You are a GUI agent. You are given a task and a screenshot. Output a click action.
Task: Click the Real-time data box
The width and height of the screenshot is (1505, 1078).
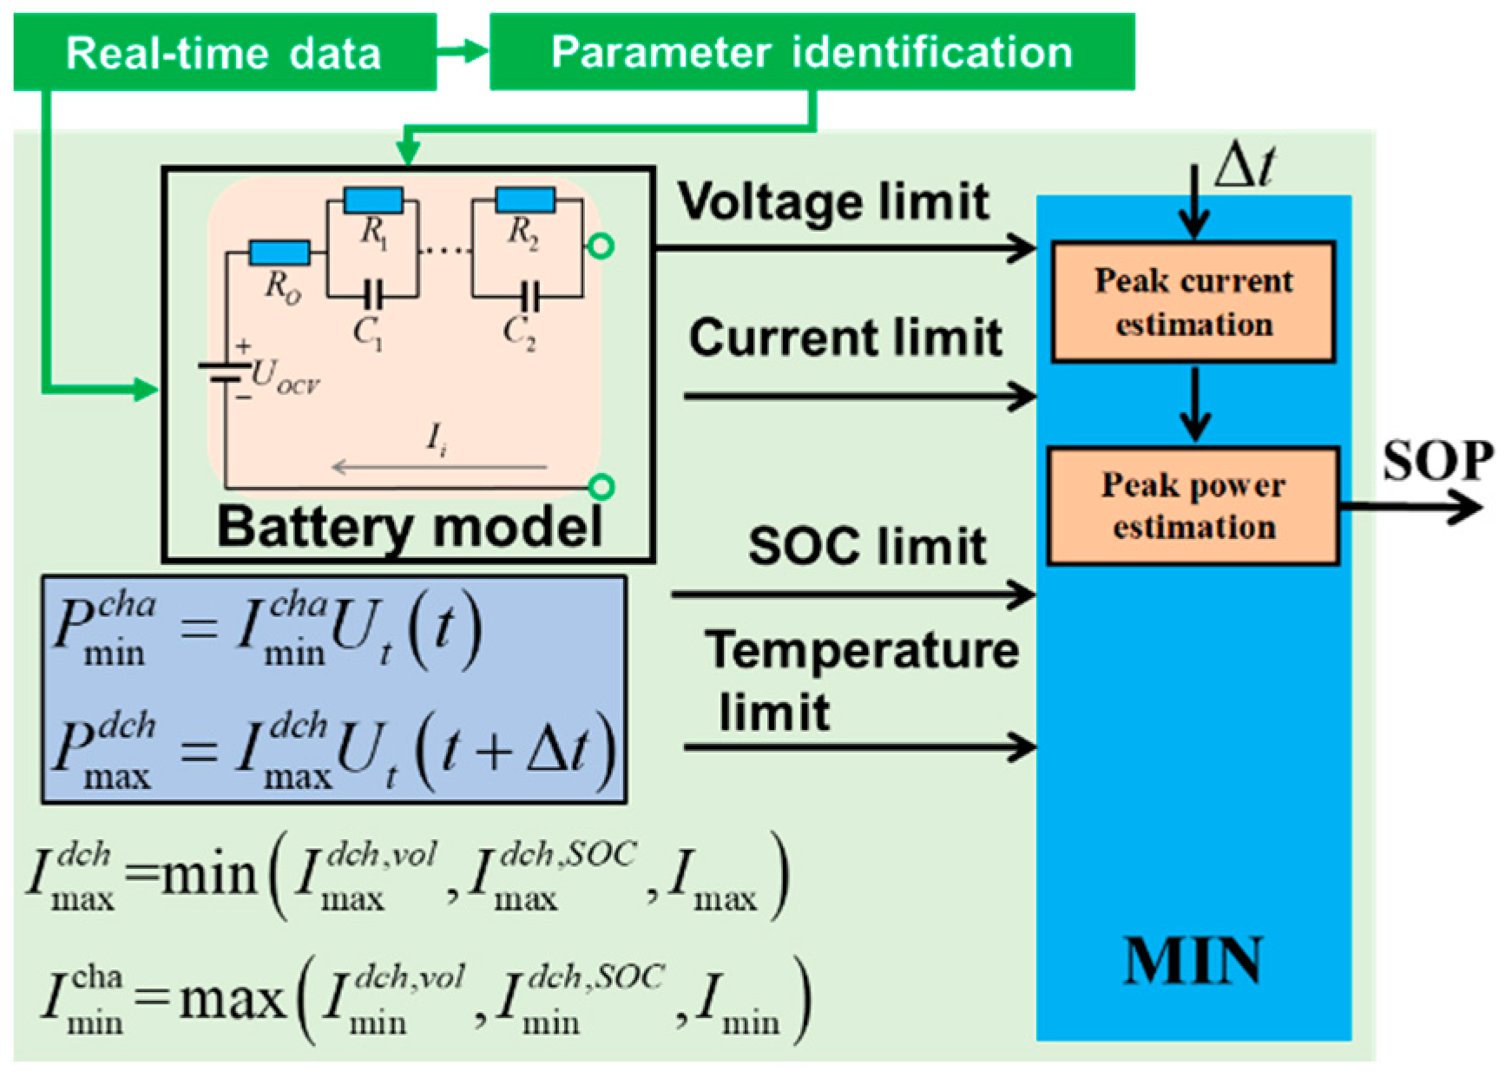click(x=224, y=52)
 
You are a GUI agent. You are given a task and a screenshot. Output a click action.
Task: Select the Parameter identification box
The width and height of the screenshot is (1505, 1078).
click(x=812, y=52)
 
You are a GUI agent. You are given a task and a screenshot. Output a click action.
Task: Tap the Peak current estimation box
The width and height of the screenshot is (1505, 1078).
click(x=1193, y=302)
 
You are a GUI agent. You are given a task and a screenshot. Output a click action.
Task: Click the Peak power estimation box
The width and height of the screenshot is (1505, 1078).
click(x=1193, y=506)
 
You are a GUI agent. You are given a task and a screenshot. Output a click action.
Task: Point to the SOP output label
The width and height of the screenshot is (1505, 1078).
click(x=1436, y=461)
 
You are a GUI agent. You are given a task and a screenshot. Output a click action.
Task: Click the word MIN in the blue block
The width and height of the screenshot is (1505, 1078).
click(x=1193, y=962)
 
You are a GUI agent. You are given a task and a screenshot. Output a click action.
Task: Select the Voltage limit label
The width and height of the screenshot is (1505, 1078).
click(x=833, y=202)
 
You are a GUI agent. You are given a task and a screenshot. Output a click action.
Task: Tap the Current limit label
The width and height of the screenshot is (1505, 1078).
click(x=845, y=338)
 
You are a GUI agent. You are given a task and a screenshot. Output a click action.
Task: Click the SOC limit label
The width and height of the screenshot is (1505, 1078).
click(x=867, y=547)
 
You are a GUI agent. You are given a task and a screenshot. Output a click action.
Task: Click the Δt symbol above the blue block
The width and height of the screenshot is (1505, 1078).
click(x=1244, y=165)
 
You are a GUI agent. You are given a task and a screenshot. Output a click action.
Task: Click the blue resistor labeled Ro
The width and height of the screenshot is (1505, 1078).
click(x=279, y=253)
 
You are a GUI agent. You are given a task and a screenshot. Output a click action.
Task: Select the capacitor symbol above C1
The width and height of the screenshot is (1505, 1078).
click(x=372, y=296)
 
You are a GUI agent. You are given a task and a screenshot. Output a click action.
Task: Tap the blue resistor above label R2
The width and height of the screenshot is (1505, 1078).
click(x=525, y=200)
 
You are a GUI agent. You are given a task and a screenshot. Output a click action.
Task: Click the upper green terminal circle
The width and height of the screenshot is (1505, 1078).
click(x=601, y=246)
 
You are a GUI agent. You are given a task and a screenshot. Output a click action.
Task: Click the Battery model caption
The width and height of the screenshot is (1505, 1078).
click(x=410, y=527)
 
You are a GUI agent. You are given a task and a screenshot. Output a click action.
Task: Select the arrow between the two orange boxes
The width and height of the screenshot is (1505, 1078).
click(x=1194, y=404)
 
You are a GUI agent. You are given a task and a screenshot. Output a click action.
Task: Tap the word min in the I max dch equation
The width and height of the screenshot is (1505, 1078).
click(x=208, y=875)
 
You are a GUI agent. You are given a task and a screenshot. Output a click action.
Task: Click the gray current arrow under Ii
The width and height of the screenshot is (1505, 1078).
click(x=438, y=468)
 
